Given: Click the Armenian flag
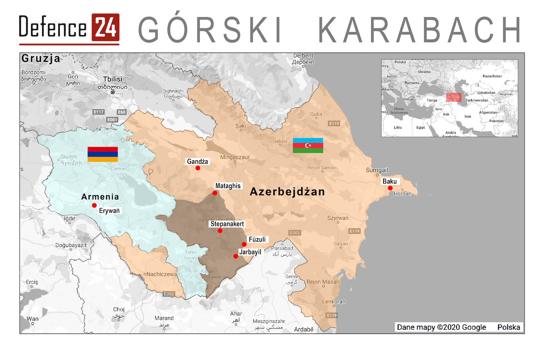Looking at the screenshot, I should pyautogui.click(x=103, y=154).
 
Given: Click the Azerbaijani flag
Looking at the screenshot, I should pyautogui.click(x=308, y=145).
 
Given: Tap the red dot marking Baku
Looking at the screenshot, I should pyautogui.click(x=390, y=188).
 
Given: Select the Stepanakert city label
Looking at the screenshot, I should pyautogui.click(x=227, y=224).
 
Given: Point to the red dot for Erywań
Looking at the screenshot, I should pyautogui.click(x=94, y=205).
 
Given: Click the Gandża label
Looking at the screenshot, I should pyautogui.click(x=197, y=162).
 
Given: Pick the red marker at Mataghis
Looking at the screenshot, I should pyautogui.click(x=215, y=193).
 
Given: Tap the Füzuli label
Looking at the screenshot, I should pyautogui.click(x=257, y=240).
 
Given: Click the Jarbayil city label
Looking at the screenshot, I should pyautogui.click(x=250, y=252).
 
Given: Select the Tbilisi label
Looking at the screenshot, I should pyautogui.click(x=113, y=79).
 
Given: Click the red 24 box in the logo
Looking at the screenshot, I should pyautogui.click(x=106, y=28).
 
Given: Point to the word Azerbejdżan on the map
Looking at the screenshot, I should pyautogui.click(x=287, y=192).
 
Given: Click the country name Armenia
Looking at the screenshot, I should pyautogui.click(x=100, y=197).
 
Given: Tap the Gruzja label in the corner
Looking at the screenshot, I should pyautogui.click(x=41, y=58).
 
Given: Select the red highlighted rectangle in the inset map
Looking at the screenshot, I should pyautogui.click(x=454, y=97).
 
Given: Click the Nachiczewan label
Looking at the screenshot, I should pyautogui.click(x=163, y=274).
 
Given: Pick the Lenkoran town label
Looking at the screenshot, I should pyautogui.click(x=334, y=301).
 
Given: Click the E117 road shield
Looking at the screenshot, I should pyautogui.click(x=99, y=112).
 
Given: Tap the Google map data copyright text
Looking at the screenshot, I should pyautogui.click(x=441, y=327).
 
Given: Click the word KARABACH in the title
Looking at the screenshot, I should pyautogui.click(x=420, y=30).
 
